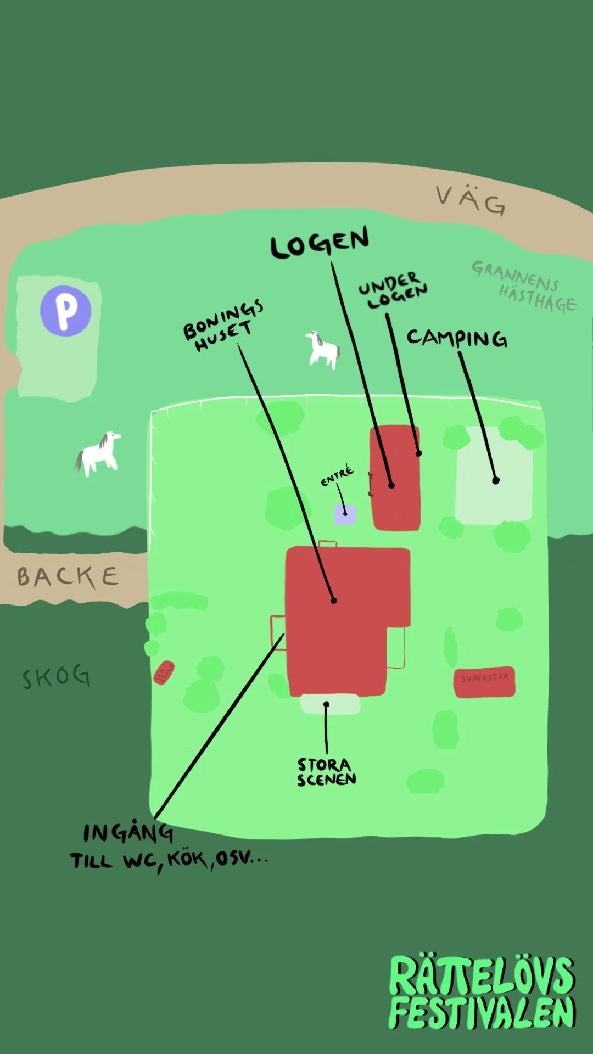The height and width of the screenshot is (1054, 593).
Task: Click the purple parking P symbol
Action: coord(66,310)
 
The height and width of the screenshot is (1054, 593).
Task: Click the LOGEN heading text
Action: coord(320,243)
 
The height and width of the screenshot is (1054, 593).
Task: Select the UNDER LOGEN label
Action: coord(393,290)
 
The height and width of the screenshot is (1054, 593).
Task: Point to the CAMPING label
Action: coord(457,338)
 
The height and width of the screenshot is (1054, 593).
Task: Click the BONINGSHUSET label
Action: coord(222,326)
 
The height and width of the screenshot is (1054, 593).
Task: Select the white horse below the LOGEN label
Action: coord(323,349)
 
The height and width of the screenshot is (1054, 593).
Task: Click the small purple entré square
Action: coord(345,515)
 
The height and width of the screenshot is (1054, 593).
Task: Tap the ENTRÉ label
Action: coord(337,476)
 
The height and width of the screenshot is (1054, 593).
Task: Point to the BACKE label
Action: coord(68,576)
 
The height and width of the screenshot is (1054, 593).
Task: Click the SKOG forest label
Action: coord(56,676)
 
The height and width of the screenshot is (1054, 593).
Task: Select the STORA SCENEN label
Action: coord(327,772)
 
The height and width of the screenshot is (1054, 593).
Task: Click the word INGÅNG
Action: coord(128,833)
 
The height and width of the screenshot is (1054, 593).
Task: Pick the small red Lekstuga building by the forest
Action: coord(164,673)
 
